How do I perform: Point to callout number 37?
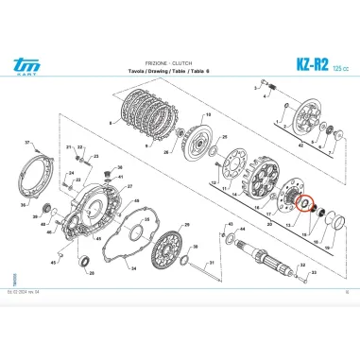coord(27,144)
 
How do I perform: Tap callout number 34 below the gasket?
coord(131,267)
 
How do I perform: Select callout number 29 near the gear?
coord(185,225)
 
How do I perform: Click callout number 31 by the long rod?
coord(212,264)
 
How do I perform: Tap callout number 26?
coord(166,151)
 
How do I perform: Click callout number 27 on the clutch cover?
coord(129,188)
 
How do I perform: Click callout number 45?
coord(53,263)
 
